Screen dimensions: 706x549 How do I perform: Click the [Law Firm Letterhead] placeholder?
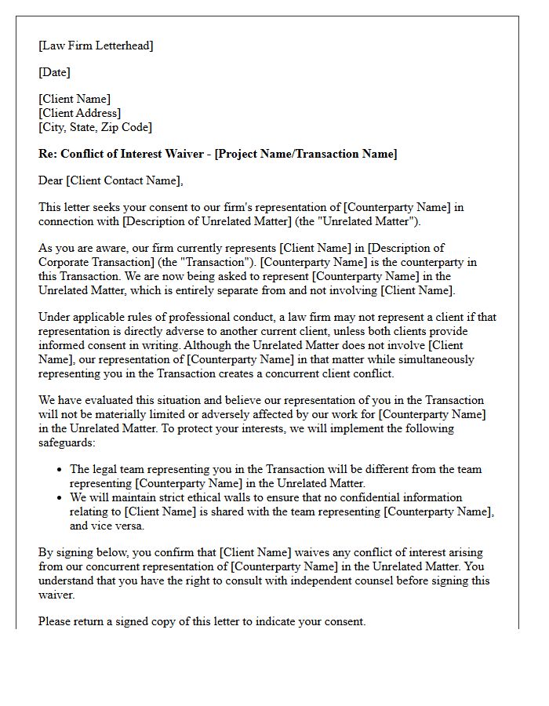[x=96, y=45]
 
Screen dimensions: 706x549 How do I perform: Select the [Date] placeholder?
[x=54, y=72]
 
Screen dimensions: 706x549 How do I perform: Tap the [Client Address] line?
[x=79, y=113]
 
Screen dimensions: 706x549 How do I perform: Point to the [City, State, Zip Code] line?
[x=95, y=127]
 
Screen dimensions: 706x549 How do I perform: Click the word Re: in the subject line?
[x=47, y=154]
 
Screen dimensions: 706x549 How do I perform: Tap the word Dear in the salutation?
[x=51, y=180]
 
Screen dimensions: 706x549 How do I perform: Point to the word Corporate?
[x=65, y=262]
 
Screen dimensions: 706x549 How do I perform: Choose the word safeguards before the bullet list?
[x=67, y=442]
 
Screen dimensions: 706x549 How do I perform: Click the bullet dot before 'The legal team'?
[x=60, y=470]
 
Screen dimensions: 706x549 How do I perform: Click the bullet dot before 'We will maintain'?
[x=60, y=498]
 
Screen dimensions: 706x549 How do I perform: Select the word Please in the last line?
[x=56, y=621]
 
